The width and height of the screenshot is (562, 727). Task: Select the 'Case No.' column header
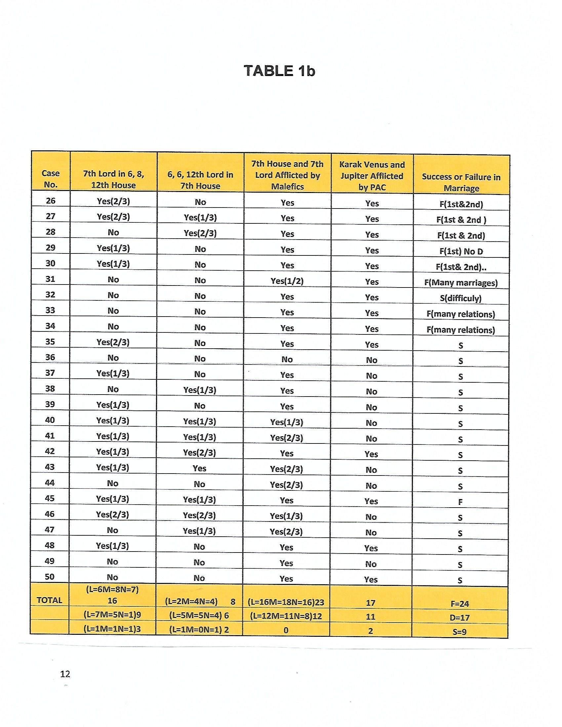click(51, 179)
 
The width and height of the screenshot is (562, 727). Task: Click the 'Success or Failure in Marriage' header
click(461, 182)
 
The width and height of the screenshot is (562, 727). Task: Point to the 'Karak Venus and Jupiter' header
click(372, 176)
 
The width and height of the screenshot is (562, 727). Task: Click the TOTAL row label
click(50, 600)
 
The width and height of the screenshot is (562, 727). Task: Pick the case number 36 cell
click(50, 357)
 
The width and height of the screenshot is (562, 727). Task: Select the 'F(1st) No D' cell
click(461, 251)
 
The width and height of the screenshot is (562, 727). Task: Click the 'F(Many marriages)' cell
click(461, 283)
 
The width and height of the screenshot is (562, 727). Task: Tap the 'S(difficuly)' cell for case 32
click(461, 298)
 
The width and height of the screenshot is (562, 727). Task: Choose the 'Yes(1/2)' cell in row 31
click(287, 281)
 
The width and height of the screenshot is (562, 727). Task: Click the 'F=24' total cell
click(460, 603)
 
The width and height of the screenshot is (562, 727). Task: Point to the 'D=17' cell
click(460, 618)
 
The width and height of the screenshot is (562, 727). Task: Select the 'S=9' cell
click(460, 631)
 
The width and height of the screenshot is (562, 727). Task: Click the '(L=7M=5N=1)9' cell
click(112, 615)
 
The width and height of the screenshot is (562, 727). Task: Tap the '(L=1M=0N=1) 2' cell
click(199, 630)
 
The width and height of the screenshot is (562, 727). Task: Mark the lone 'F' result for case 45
click(460, 502)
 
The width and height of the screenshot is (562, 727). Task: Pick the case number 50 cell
click(50, 577)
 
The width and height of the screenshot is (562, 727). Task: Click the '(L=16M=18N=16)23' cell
click(286, 602)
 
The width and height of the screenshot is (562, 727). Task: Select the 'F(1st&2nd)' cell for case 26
click(461, 204)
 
